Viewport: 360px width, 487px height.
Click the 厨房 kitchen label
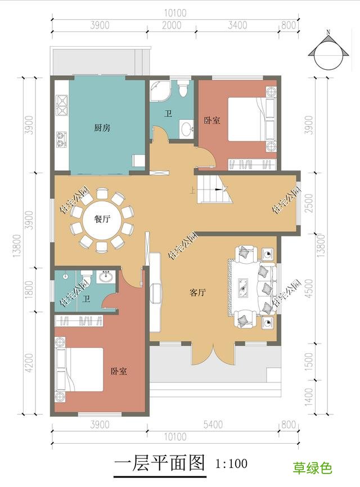tap(102, 128)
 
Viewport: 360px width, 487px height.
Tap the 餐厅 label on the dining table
tap(102, 220)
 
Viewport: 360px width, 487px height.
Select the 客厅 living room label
tap(197, 292)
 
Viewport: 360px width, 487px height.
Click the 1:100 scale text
tap(231, 464)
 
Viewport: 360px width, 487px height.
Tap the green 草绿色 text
tap(312, 468)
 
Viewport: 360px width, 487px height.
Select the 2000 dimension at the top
tap(172, 24)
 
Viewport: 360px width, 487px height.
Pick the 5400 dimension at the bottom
tap(214, 425)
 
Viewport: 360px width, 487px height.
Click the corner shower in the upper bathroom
tap(160, 90)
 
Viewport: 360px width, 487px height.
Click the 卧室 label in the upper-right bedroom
tap(212, 120)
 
